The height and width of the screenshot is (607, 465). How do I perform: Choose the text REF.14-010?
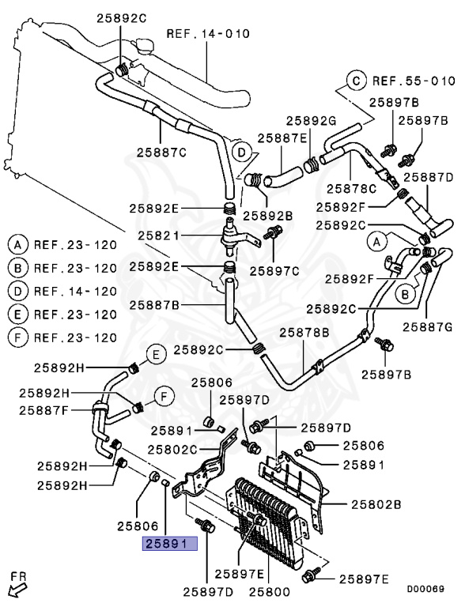point(208,33)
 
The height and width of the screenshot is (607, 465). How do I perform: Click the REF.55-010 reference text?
point(414,81)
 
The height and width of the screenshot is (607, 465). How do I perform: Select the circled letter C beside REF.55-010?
point(356,80)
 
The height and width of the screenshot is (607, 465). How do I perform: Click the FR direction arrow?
point(16,587)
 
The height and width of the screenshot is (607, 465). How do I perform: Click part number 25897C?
point(274,271)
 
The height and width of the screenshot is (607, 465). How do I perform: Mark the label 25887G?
point(427,325)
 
